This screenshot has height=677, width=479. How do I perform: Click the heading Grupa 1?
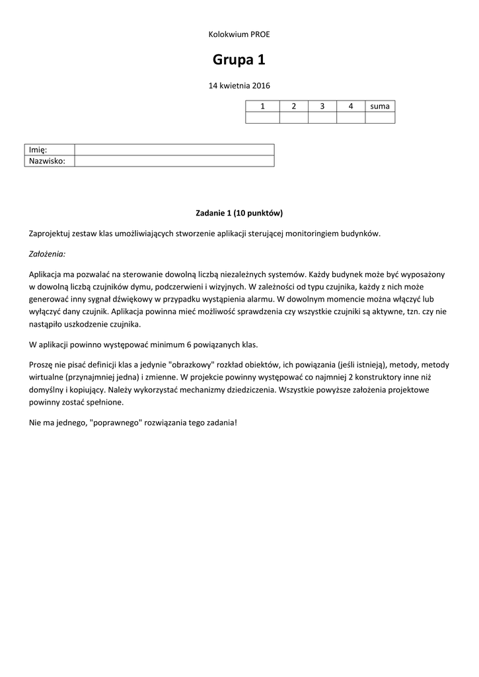239,60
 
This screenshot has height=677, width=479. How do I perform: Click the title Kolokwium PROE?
239,34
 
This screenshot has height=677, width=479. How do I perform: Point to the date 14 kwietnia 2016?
239,85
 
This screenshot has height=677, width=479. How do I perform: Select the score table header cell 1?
262,106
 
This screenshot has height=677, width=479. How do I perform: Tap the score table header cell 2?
293,106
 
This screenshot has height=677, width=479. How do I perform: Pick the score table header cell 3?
322,106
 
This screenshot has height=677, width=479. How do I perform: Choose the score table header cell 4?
351,106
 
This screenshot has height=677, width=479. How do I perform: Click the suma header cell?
380,106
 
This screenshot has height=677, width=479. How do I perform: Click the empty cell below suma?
380,118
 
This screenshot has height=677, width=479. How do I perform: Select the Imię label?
38,150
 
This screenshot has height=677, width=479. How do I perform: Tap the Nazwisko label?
46,161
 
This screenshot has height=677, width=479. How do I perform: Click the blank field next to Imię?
174,150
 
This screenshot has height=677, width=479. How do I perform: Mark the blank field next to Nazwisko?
174,161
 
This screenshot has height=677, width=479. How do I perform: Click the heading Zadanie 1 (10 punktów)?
239,213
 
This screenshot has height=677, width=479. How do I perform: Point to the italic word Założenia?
48,253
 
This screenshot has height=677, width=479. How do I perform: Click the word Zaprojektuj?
50,233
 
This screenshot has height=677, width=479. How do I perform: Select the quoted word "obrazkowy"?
192,364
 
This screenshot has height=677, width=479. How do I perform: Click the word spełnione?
106,402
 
